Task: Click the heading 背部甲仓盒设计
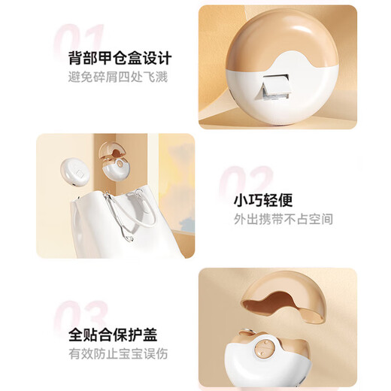point(120,58)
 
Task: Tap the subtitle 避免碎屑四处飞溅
point(118,77)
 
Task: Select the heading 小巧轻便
point(263,200)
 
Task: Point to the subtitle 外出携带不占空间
point(283,219)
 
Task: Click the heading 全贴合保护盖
point(113,335)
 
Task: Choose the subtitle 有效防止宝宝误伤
point(118,354)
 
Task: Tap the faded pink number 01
point(78,40)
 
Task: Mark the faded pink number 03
point(80,316)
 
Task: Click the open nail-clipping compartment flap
point(274,87)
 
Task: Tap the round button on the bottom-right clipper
point(265,348)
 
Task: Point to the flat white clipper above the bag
point(75,171)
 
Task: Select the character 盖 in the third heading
point(150,335)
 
